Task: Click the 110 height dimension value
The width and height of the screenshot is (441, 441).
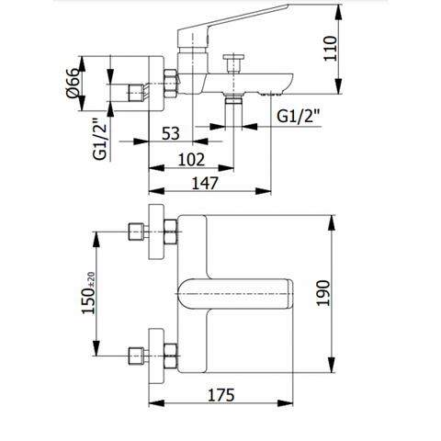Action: click(331, 49)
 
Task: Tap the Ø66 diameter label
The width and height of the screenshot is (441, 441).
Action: click(73, 83)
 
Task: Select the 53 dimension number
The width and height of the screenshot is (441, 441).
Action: click(171, 133)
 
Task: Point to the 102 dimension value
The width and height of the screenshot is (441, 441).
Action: click(191, 160)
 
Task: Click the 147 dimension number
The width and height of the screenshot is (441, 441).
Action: click(205, 183)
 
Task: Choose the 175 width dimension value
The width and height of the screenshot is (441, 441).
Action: click(221, 395)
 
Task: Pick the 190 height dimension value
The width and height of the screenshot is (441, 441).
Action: click(323, 293)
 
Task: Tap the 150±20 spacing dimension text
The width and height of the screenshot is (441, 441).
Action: click(88, 293)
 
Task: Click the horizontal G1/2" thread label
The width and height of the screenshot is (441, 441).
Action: click(298, 116)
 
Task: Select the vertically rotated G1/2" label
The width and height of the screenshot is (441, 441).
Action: click(100, 139)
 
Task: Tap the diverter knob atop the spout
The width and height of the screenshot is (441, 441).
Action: click(233, 63)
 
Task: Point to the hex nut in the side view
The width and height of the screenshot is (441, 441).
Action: click(171, 84)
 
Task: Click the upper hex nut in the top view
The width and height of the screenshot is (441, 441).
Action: click(171, 232)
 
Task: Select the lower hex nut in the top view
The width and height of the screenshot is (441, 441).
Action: click(171, 356)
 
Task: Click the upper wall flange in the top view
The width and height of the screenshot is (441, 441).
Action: click(156, 232)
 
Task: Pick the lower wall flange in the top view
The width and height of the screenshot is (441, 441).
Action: click(156, 356)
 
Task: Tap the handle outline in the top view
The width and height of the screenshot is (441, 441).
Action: click(235, 294)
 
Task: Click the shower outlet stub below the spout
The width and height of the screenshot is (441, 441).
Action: click(233, 112)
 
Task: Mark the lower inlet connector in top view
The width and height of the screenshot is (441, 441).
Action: click(136, 356)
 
